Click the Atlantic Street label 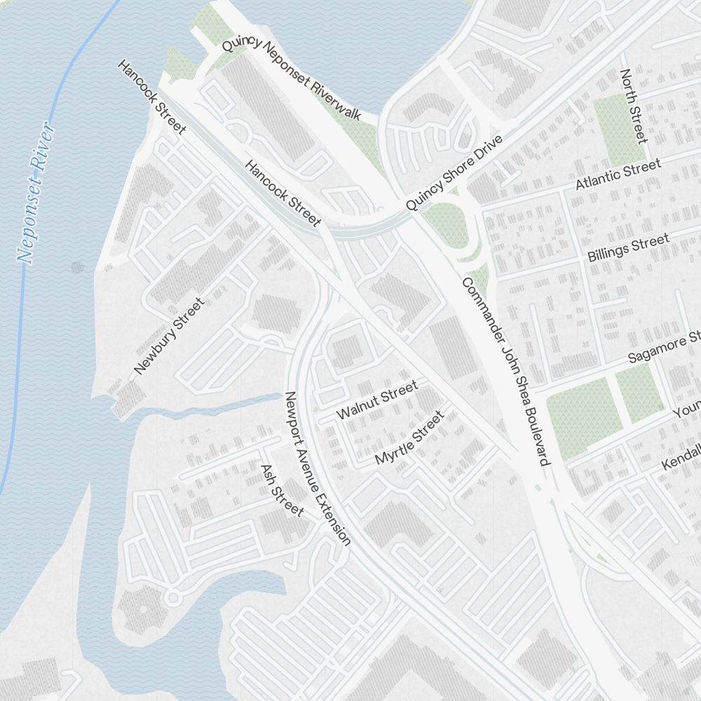coord(618,175)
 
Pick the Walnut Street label coord(377,400)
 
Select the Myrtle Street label coord(410,438)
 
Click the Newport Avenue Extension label coord(317,468)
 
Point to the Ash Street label coord(282,491)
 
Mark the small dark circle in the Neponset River coord(77,266)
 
